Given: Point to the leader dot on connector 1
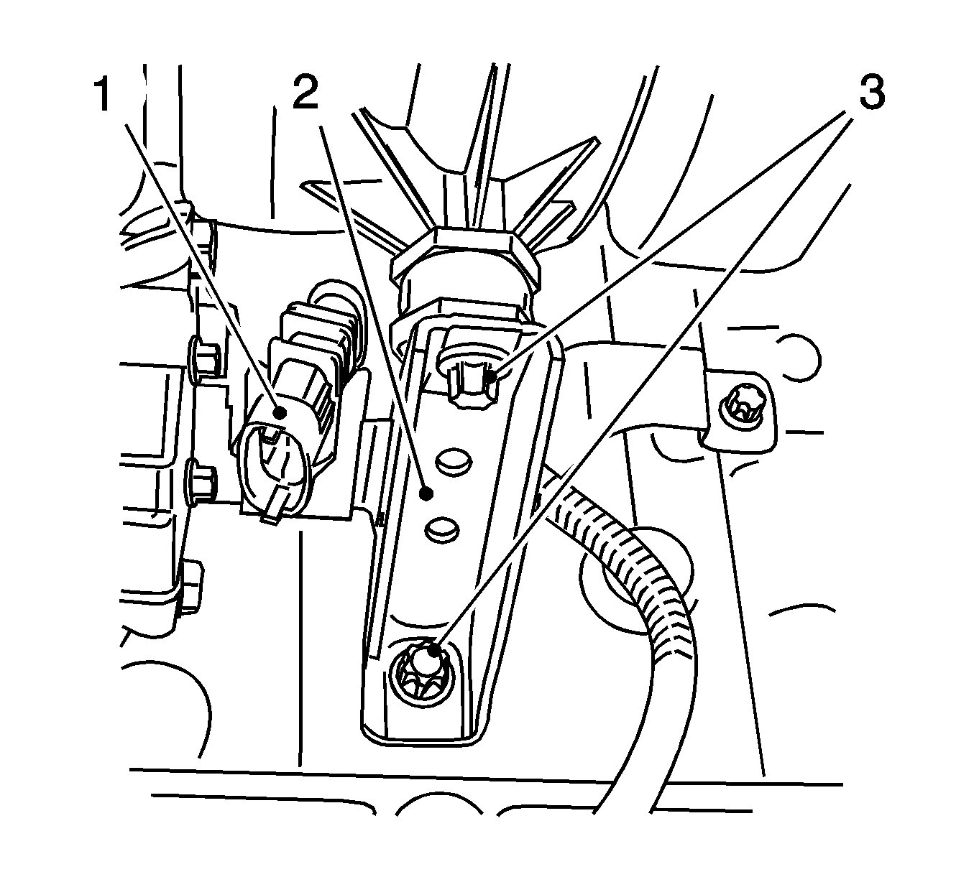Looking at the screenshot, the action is click(280, 413).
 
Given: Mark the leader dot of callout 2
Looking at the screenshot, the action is click(427, 494).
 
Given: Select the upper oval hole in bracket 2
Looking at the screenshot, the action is click(454, 460).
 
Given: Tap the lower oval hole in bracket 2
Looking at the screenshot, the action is click(442, 529).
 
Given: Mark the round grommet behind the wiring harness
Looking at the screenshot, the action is click(636, 580).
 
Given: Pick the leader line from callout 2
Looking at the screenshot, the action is click(373, 310).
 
